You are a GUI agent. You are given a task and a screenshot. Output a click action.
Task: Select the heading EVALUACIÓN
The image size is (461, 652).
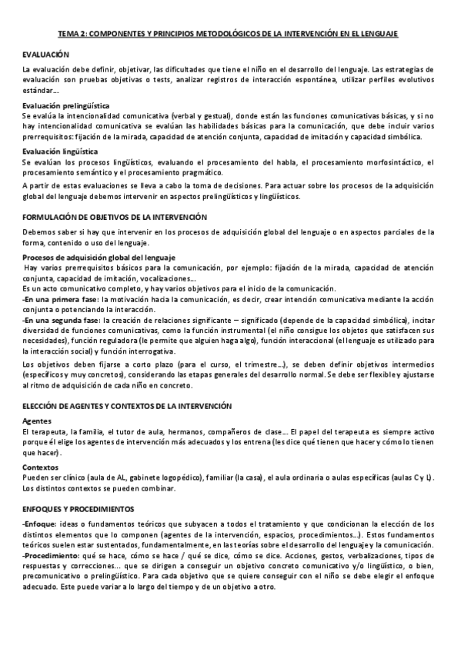pos(45,55)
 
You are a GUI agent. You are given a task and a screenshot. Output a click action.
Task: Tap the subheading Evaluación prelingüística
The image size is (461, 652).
pos(65,104)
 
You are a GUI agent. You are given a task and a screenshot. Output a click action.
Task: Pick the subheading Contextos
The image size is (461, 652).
pos(39,466)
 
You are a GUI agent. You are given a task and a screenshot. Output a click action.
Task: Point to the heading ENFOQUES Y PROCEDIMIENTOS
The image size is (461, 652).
pos(79,509)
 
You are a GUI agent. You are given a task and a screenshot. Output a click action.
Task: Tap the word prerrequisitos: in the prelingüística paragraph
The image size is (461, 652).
pos(48,136)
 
